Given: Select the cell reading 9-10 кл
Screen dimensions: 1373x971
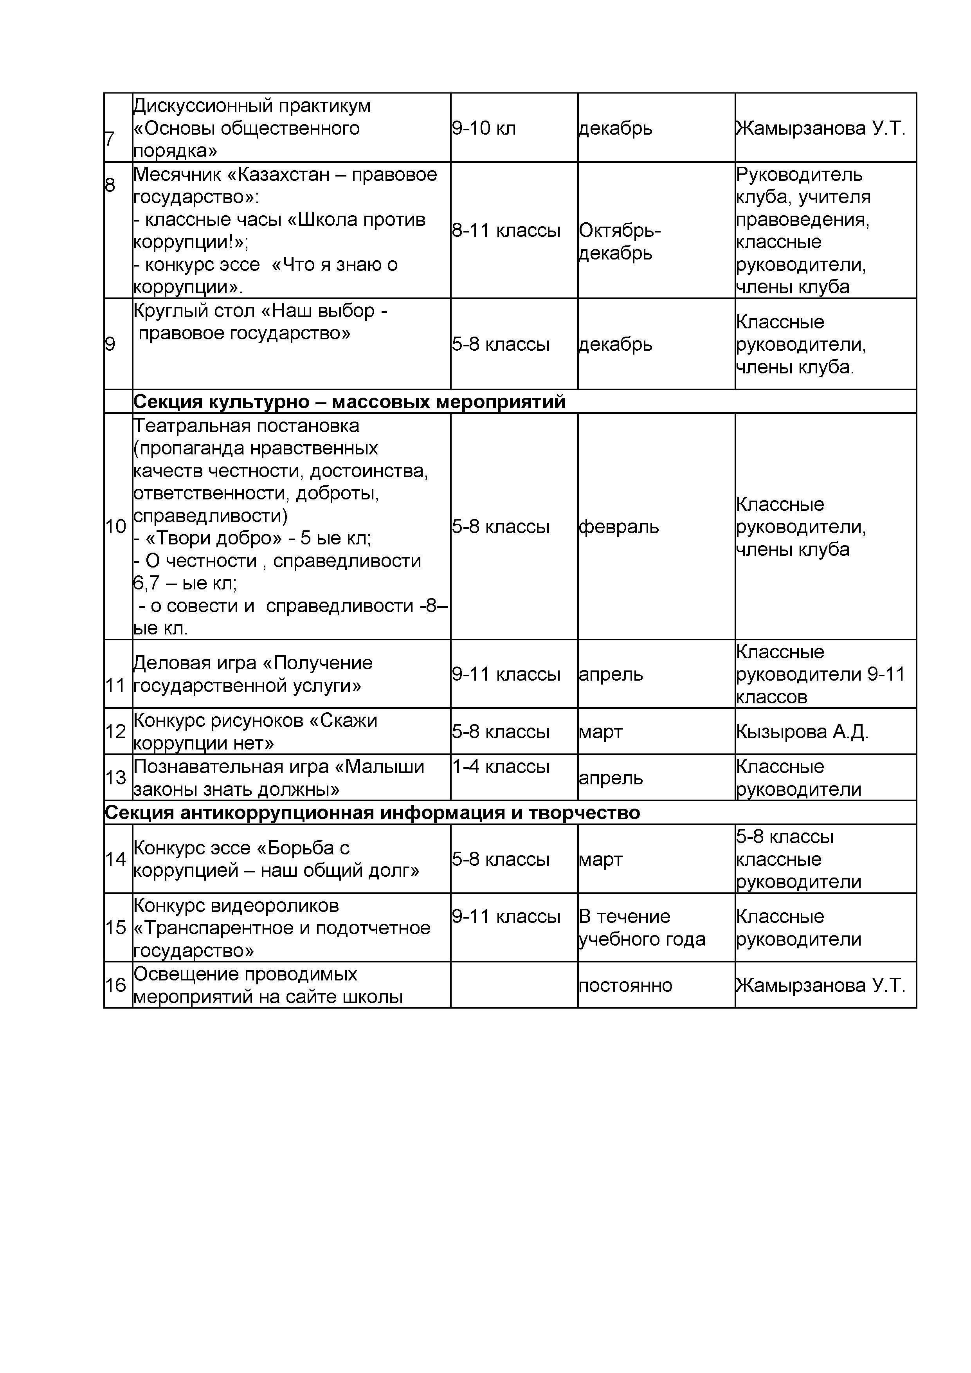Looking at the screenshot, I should pos(484,128).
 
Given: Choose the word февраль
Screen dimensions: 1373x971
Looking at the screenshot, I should pos(619,527).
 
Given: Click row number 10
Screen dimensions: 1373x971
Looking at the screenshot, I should pos(116,527).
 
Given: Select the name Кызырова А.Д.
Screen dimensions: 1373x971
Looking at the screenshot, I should pos(802,732).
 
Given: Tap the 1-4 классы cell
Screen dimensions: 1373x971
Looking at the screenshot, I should pos(501,767).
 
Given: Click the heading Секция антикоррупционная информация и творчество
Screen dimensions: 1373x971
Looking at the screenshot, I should pos(373,813).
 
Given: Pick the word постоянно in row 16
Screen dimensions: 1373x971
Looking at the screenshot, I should pos(625,986).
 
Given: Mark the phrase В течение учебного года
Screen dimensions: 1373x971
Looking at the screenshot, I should pos(641,928).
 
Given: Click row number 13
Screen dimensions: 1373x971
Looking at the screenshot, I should pos(116,778).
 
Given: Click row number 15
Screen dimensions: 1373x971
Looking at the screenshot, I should pos(116,928).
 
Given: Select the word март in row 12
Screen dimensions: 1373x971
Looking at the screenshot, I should pos(601,732).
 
